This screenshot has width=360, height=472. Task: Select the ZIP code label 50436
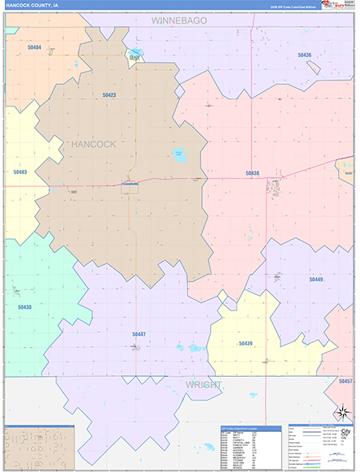[x=304, y=55]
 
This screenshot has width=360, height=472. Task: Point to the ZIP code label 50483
[x=20, y=171]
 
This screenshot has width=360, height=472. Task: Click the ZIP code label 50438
[x=252, y=173]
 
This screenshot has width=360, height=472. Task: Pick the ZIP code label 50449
[x=315, y=279]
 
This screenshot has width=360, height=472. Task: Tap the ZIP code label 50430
[x=24, y=307]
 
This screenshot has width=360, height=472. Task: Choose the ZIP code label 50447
[x=138, y=334]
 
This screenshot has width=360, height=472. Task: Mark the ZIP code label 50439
[x=245, y=343]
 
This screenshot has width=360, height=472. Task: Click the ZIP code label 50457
[x=346, y=381]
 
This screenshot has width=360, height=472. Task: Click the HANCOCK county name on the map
[x=93, y=145]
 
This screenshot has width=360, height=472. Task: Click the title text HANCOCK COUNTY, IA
[x=31, y=5]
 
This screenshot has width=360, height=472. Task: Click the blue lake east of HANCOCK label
[x=180, y=154]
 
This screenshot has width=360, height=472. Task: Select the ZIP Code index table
[x=250, y=447]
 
